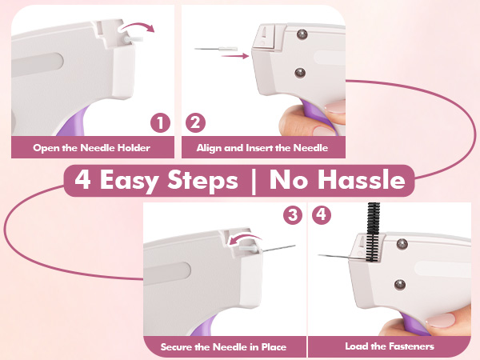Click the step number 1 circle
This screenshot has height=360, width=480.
160,122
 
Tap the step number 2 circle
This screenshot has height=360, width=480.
196,122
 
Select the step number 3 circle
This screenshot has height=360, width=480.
293,214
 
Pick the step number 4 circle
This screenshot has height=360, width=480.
322,214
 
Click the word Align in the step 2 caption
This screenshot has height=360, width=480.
210,148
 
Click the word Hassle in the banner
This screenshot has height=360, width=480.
362,180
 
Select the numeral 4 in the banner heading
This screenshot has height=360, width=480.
82,180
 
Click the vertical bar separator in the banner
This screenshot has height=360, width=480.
253,181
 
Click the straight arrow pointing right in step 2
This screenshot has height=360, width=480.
234,56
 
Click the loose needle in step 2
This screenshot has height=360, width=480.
216,49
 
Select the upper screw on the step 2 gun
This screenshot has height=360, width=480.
302,34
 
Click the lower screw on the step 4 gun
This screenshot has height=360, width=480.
400,285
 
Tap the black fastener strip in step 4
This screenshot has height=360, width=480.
373,232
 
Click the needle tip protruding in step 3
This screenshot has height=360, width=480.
295,246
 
